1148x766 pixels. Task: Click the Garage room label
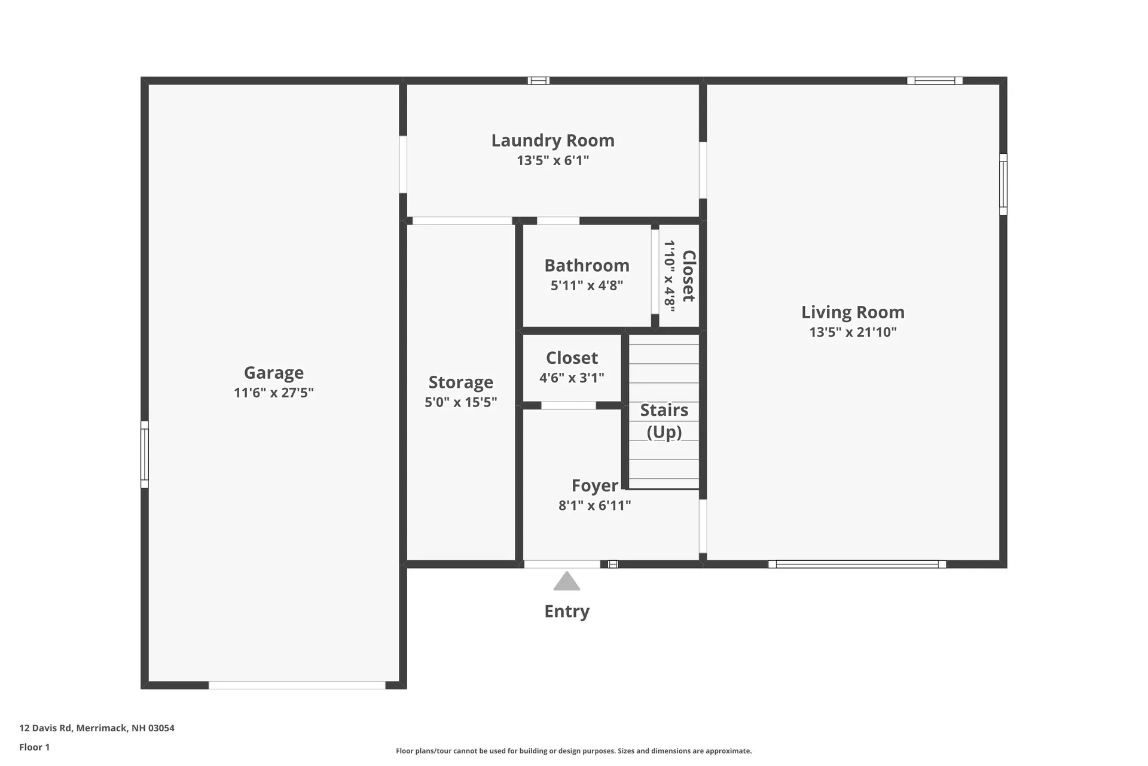click(x=274, y=372)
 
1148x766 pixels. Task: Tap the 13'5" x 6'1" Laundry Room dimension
click(x=552, y=160)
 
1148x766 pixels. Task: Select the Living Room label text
click(x=853, y=312)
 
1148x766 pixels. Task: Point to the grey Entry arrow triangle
click(x=567, y=582)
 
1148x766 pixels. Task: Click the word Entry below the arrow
click(x=567, y=611)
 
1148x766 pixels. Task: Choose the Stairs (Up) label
click(x=664, y=421)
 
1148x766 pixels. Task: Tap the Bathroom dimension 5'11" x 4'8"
click(x=587, y=285)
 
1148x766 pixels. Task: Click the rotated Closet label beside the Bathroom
click(x=689, y=276)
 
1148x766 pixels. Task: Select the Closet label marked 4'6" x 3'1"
click(x=572, y=358)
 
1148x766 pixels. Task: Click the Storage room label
click(x=460, y=382)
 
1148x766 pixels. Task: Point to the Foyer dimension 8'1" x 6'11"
click(x=594, y=506)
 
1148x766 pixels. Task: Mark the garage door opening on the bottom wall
click(x=297, y=685)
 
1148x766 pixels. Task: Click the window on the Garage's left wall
click(x=145, y=454)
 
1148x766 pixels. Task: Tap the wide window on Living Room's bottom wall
click(x=857, y=564)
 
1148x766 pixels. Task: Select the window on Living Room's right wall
click(x=1003, y=184)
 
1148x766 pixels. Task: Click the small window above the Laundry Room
click(x=538, y=81)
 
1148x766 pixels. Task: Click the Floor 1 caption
click(x=35, y=747)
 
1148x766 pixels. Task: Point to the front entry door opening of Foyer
click(x=562, y=564)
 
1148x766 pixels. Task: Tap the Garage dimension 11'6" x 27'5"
click(x=274, y=393)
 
